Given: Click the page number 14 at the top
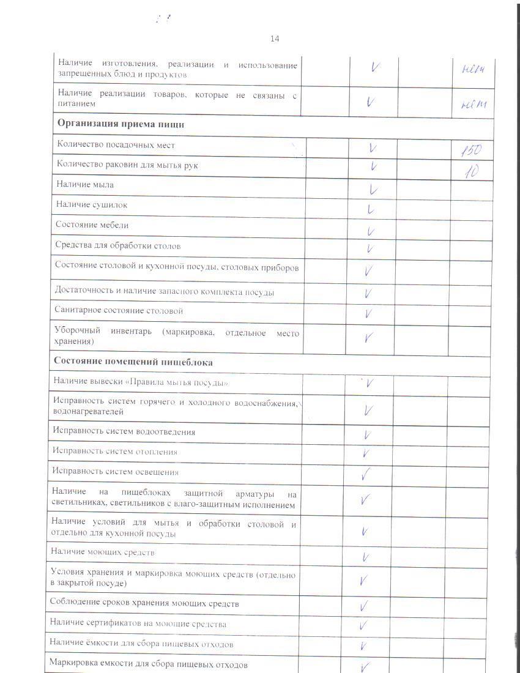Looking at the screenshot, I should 275,39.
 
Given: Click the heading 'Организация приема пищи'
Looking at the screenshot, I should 121,124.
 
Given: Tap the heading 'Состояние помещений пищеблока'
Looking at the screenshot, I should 133,362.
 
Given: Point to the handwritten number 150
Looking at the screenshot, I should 472,150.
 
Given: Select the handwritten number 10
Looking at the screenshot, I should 471,171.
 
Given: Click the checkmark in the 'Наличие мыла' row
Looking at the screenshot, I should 373,189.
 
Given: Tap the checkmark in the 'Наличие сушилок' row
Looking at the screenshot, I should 371,210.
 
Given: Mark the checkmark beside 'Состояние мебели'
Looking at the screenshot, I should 371,231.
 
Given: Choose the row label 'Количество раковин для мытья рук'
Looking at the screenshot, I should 127,165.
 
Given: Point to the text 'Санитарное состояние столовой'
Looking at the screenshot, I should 119,311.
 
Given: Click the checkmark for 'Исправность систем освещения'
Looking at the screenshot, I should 367,473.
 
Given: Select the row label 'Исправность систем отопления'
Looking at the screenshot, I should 115,452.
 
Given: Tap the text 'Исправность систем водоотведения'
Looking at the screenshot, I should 124,431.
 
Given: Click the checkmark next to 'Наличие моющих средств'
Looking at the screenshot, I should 365,557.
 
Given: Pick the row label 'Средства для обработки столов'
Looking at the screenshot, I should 118,246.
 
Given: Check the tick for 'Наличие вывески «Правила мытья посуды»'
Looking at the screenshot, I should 370,383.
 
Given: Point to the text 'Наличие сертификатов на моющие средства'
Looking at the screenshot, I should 138,624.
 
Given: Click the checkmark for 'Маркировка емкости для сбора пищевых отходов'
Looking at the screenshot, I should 366,667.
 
